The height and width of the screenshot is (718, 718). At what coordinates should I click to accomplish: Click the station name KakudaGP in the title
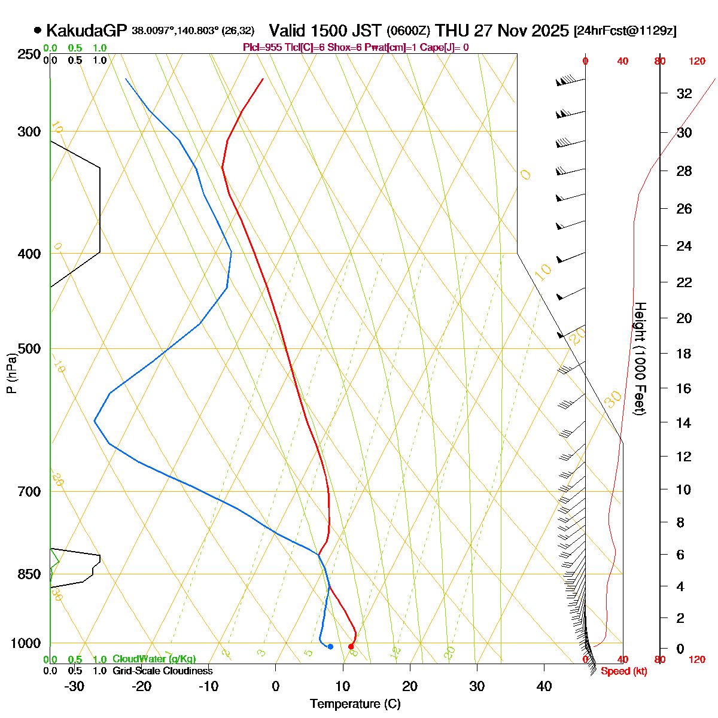(87, 31)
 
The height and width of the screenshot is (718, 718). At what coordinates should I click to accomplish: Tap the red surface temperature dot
(351, 646)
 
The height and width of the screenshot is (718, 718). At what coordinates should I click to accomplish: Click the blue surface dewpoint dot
(330, 646)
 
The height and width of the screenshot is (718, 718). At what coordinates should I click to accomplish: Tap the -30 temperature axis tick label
(74, 686)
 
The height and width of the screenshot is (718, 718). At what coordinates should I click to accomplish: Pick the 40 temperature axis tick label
(544, 686)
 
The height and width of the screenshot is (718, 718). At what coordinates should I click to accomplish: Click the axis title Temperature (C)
(355, 704)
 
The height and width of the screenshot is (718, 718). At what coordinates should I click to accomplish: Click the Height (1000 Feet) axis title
(640, 359)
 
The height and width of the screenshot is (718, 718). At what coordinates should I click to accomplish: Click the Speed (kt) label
(624, 671)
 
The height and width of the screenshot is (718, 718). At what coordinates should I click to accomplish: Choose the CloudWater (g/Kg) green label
(154, 659)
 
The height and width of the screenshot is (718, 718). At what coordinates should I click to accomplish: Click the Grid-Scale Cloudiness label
(162, 671)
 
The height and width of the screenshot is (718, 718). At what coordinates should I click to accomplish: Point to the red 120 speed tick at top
(696, 61)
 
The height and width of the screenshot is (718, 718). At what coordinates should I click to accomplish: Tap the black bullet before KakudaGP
(38, 30)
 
